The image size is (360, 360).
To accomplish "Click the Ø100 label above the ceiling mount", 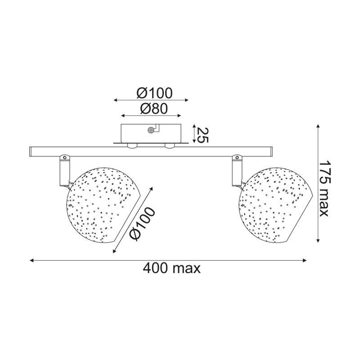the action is pos(154,93).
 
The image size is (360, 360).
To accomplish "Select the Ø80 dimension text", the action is pos(154,109).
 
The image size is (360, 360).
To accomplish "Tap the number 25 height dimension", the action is pos(202,135).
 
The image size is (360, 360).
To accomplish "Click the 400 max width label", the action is pos(172,268).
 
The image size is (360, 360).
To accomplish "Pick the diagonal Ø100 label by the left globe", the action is pos(142,224).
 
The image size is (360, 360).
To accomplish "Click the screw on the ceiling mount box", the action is pos(151,130).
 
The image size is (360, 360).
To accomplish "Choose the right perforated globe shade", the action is pos(275,204).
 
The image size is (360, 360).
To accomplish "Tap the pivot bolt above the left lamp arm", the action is pos(64,157).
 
